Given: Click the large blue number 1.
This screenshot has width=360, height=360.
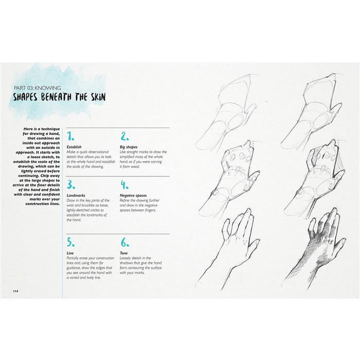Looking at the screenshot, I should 71,136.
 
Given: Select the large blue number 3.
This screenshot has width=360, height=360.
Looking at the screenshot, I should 71,185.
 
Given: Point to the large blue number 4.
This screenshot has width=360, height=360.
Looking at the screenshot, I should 124,185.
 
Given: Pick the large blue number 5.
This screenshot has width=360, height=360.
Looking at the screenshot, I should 71,242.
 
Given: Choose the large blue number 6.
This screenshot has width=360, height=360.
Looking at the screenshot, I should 124,242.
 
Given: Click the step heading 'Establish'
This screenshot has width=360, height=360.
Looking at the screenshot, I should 75,147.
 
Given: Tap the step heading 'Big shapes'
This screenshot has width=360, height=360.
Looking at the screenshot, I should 129,147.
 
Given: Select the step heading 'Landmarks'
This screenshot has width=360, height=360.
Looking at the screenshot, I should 77,195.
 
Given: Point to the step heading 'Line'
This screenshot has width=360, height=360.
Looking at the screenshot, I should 70,253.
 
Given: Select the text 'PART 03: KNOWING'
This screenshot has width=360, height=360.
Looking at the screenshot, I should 40,86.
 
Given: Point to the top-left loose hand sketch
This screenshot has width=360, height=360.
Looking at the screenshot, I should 231,116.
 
